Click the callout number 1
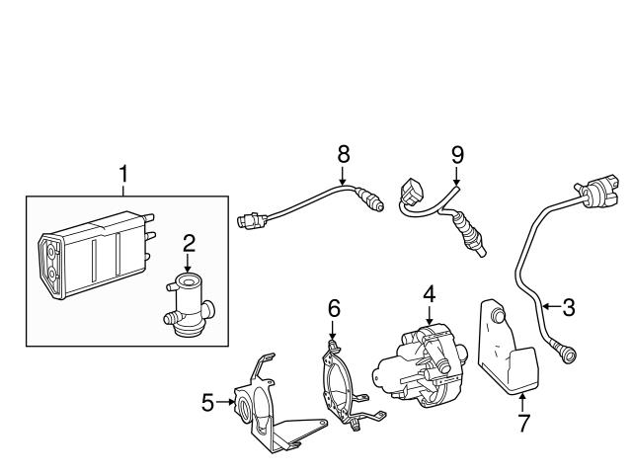click(123, 175)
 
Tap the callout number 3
click(569, 307)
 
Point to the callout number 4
click(430, 293)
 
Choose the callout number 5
click(207, 402)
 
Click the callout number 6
click(334, 309)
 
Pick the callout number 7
click(523, 425)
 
